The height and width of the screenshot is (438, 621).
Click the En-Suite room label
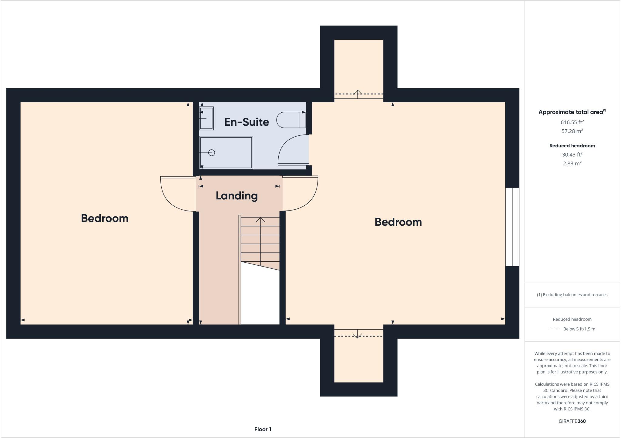tap(247, 122)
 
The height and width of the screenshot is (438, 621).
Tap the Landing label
tap(237, 196)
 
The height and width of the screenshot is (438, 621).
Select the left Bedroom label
tap(105, 218)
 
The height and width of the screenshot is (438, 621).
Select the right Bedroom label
tap(398, 222)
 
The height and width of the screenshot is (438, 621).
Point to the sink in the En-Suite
tap(206, 118)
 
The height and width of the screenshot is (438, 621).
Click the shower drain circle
tap(212, 153)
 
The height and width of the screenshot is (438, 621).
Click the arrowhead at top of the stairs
tap(260, 219)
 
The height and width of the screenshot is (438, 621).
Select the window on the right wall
tap(512, 227)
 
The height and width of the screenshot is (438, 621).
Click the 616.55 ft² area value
tap(572, 122)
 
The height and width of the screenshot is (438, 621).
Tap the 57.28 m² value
tap(572, 131)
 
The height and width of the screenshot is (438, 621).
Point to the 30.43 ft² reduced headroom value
tap(572, 154)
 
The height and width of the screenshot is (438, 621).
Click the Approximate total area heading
tap(572, 112)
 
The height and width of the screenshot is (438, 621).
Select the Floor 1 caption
tap(263, 429)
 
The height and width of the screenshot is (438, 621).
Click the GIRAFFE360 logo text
tap(572, 421)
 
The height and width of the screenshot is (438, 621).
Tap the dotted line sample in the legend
tap(554, 329)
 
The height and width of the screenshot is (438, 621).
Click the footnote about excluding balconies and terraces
tap(572, 295)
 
